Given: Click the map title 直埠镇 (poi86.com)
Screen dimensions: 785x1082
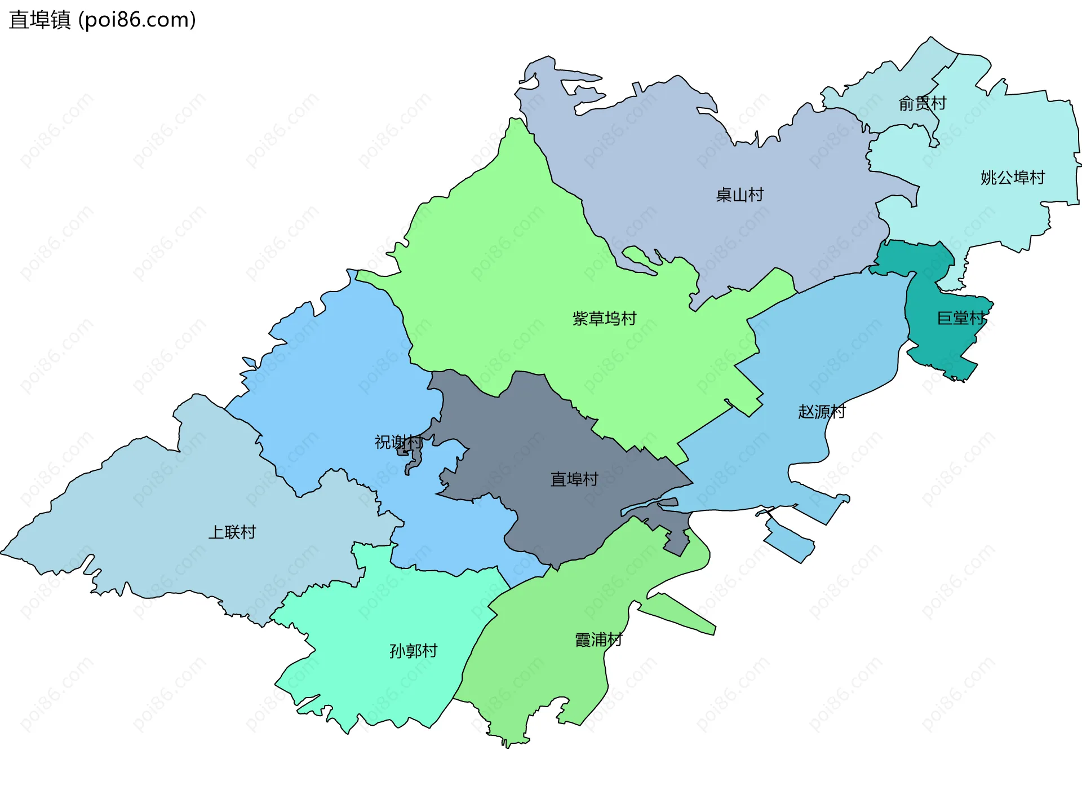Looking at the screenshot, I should pyautogui.click(x=103, y=20).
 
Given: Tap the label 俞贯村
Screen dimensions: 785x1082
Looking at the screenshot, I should pyautogui.click(x=922, y=103).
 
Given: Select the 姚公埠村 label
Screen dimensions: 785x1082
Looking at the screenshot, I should pyautogui.click(x=1012, y=178).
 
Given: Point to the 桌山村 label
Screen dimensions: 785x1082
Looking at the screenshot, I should pyautogui.click(x=739, y=195).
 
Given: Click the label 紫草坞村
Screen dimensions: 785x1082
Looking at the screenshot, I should pyautogui.click(x=604, y=319).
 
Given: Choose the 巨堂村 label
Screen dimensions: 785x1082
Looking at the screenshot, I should pyautogui.click(x=960, y=318).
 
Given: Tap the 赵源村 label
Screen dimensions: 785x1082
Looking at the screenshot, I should pyautogui.click(x=822, y=412).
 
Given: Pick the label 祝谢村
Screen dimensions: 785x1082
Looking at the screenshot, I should pyautogui.click(x=398, y=442).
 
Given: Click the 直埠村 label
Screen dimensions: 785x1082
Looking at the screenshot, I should pyautogui.click(x=574, y=479).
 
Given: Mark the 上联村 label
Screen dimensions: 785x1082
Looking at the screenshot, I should pyautogui.click(x=232, y=532).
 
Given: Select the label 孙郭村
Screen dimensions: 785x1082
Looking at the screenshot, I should pyautogui.click(x=413, y=651).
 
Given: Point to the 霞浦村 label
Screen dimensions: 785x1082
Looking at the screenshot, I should pyautogui.click(x=598, y=640).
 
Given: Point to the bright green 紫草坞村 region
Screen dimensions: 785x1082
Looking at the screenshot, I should pyautogui.click(x=507, y=254).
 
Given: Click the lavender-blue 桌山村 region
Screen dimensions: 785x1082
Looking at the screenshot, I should pyautogui.click(x=676, y=158).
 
